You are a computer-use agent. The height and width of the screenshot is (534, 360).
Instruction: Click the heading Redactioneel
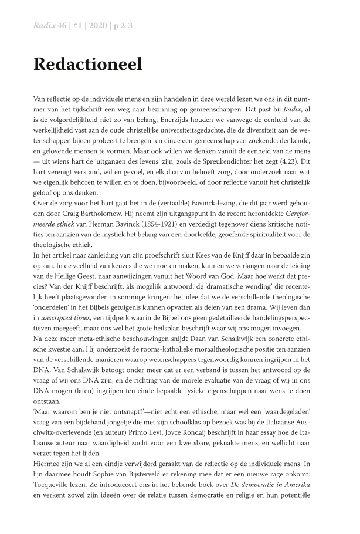coord(87,65)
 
